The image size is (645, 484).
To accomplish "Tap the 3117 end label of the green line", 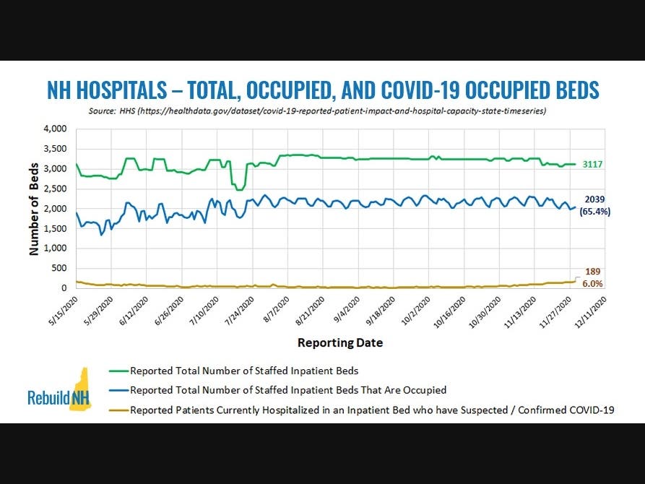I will (x=594, y=165).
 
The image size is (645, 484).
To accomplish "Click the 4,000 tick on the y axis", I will (x=55, y=129).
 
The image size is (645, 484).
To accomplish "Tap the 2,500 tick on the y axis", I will (x=55, y=189).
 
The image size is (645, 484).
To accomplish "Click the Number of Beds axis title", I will (x=33, y=208).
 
